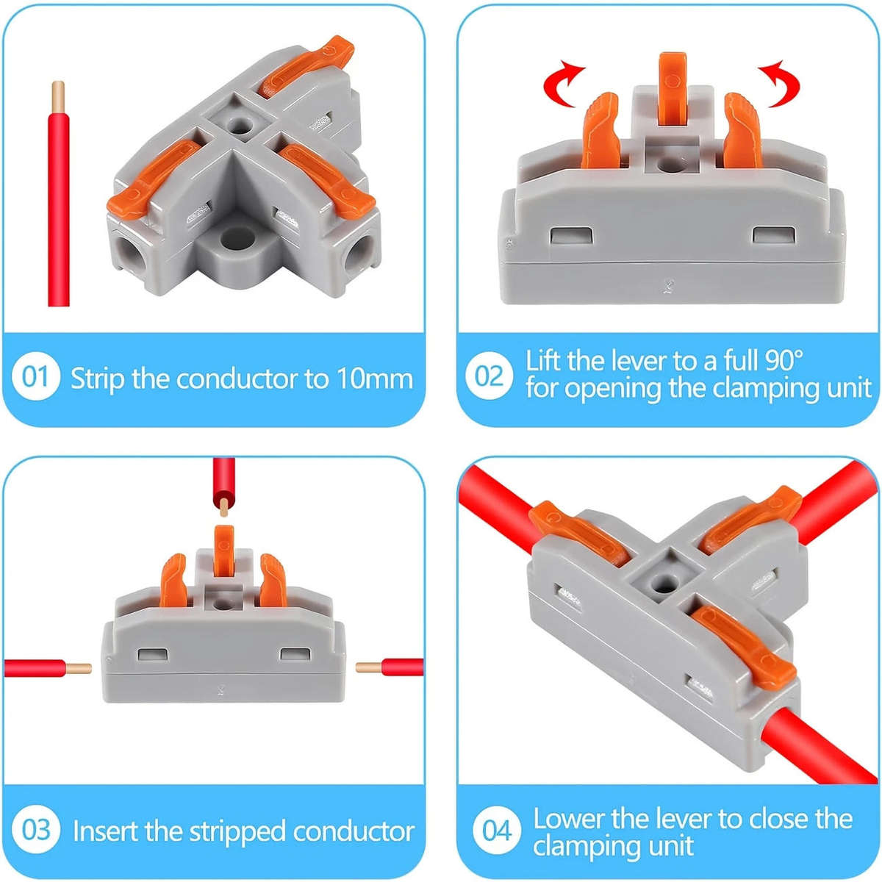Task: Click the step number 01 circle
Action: pos(35,377)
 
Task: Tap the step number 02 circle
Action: pos(489,376)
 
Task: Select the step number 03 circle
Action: pos(35,831)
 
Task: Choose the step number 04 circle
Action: pos(497,831)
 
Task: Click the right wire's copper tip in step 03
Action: pos(368,667)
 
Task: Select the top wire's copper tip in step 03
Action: pos(223,507)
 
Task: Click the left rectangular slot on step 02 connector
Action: pos(572,236)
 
